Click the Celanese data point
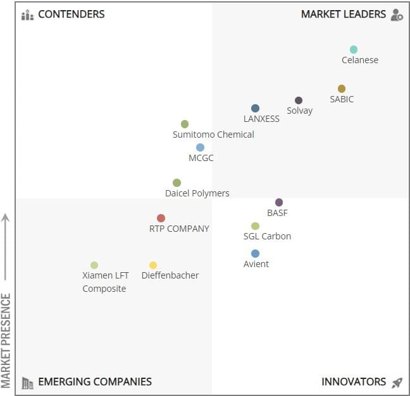[x=354, y=50]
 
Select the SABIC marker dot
[x=342, y=89]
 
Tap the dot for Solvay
[x=299, y=100]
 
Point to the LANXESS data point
[x=255, y=109]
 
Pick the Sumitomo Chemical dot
[x=185, y=124]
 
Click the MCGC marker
[x=200, y=148]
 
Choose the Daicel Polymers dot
[x=177, y=183]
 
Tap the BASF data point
[x=279, y=203]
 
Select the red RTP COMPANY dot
[x=161, y=219]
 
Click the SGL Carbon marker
[x=255, y=226]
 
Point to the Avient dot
[x=255, y=254]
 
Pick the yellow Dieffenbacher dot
[x=153, y=265]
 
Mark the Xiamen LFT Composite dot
[x=94, y=265]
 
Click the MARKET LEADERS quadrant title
[x=343, y=15]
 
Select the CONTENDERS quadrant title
[x=71, y=15]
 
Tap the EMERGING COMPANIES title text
[x=95, y=381]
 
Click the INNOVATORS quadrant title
[x=354, y=381]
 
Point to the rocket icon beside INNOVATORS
[x=397, y=382]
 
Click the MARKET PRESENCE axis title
[x=7, y=340]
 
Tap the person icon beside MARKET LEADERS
[x=397, y=15]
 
